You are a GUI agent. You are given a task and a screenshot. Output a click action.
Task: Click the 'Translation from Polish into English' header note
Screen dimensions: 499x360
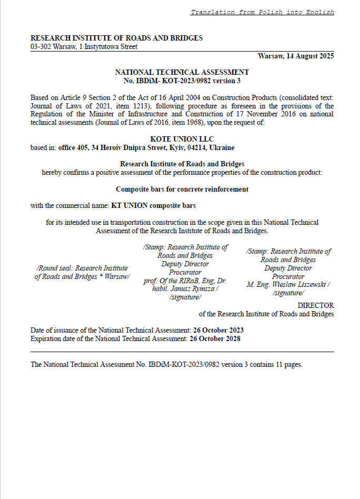click(262, 12)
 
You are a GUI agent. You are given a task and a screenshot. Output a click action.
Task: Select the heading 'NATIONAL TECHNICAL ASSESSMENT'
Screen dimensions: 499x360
click(182, 72)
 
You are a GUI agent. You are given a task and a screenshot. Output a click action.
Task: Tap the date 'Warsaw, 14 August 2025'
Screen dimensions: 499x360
click(296, 56)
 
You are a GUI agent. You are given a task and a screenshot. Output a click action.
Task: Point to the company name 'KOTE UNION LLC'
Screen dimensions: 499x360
click(182, 139)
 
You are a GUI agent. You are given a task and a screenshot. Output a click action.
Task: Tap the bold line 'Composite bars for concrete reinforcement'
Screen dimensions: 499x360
click(182, 189)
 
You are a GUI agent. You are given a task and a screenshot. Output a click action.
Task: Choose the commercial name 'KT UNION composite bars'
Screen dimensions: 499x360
click(153, 206)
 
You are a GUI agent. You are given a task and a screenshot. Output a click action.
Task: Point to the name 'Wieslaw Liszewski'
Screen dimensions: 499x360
click(302, 285)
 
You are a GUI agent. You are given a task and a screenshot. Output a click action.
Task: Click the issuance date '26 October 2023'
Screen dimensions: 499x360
click(218, 330)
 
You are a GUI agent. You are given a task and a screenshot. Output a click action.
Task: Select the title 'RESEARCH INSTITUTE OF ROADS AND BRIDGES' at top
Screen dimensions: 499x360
click(116, 38)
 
